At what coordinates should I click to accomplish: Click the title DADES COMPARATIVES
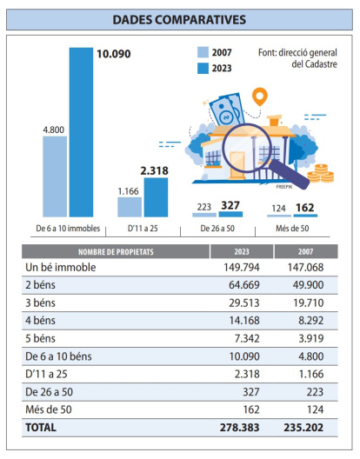coord(179,18)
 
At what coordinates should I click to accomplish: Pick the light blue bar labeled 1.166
coord(130,206)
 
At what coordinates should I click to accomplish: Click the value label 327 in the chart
coord(230,207)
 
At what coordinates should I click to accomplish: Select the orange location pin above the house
coord(258,96)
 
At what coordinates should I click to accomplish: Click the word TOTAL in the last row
coord(43,428)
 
